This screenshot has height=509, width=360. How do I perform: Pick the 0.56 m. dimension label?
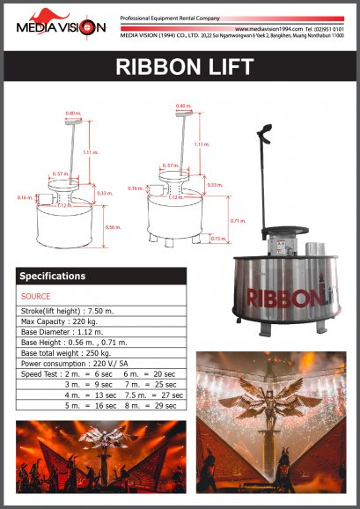(113, 226)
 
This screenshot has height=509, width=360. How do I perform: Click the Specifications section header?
(53, 276)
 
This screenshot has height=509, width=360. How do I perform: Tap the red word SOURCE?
(35, 297)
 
